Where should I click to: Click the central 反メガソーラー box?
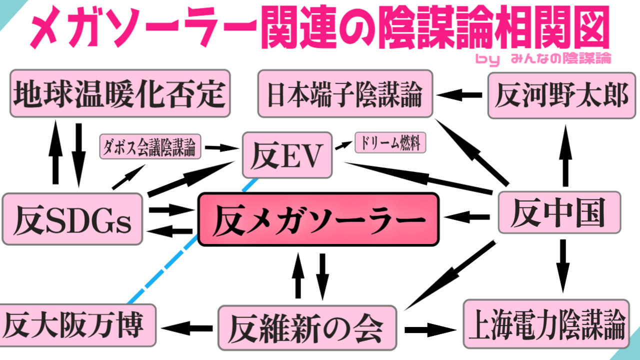318,219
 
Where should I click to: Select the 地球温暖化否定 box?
120,93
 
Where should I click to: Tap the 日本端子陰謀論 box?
345,93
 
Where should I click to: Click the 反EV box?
287,155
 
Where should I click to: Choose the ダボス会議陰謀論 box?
150,146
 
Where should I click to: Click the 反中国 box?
559,212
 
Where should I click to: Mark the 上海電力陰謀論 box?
545,324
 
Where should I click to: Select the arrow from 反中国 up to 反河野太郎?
565,155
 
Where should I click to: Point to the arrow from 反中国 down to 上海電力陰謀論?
563,265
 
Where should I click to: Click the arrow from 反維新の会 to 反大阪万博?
187,328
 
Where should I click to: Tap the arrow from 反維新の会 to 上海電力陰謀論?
430,329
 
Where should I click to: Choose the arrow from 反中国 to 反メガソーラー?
468,217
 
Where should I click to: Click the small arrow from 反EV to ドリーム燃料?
343,145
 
